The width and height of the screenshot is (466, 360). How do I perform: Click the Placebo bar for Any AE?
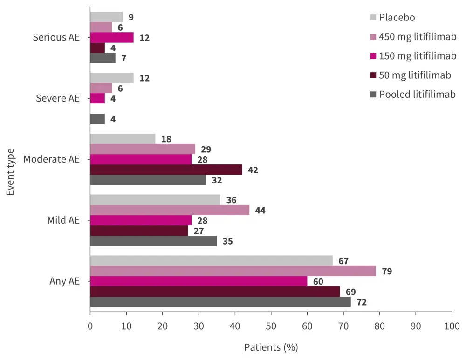211,260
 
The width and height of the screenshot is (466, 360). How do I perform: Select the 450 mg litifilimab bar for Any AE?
233,271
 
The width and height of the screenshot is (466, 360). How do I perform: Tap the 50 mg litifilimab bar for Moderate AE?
166,170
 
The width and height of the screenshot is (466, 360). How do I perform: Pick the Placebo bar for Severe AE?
112,78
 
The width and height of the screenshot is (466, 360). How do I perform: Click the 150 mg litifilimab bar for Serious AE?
112,37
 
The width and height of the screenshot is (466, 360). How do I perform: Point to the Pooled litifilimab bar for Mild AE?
153,241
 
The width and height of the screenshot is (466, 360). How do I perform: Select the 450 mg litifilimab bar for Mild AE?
170,210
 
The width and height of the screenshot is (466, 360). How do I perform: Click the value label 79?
386,271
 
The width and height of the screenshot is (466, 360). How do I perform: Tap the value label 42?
253,170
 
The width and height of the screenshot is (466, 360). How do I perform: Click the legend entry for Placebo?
397,18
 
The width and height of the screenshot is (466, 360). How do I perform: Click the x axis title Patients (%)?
271,347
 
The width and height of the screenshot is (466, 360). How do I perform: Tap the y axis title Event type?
11,172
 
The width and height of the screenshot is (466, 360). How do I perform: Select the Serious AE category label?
56,37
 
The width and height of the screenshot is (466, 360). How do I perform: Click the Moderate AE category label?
51,159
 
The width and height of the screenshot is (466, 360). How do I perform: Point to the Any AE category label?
65,281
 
